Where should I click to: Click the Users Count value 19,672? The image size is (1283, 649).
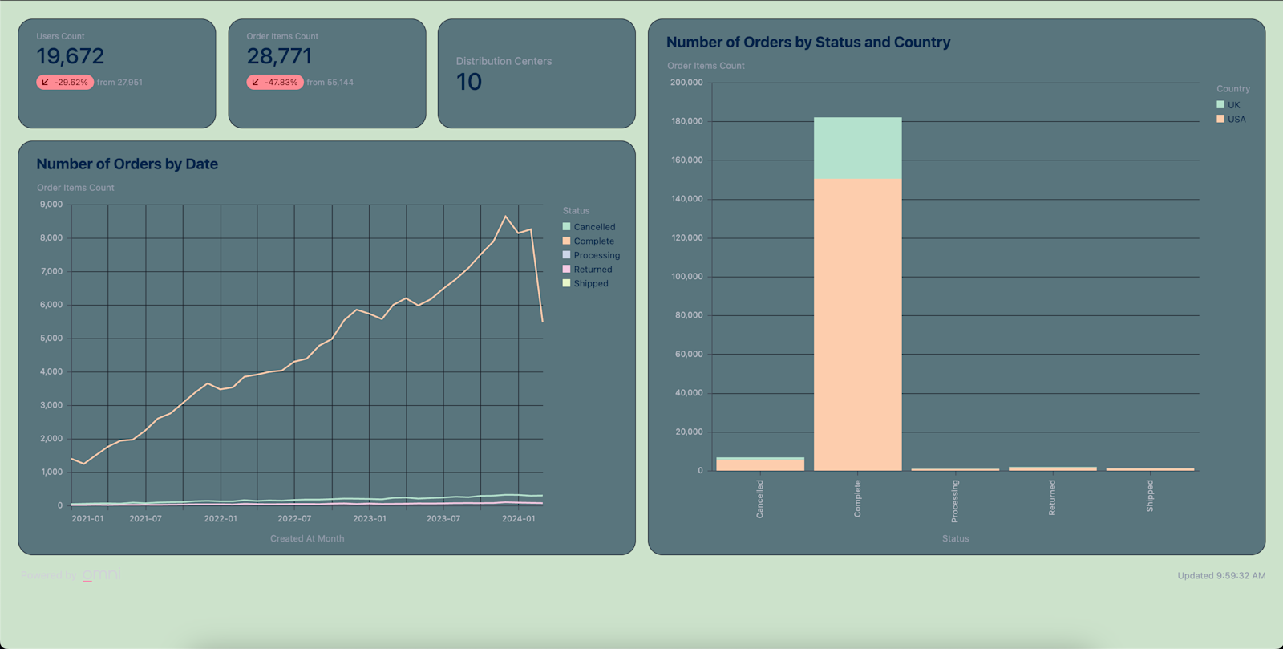tap(71, 56)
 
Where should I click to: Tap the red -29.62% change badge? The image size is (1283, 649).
tap(65, 82)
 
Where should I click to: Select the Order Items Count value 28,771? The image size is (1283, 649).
tap(279, 56)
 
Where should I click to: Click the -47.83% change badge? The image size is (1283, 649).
tap(275, 82)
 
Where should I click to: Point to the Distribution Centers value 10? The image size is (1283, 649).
tap(469, 82)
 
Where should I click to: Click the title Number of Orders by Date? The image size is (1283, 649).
tap(127, 164)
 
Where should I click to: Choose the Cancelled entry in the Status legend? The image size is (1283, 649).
tap(593, 227)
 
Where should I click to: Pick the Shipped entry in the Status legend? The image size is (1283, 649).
tap(590, 283)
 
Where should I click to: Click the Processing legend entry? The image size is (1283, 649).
tap(596, 255)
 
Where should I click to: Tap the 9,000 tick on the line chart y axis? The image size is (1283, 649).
tap(51, 205)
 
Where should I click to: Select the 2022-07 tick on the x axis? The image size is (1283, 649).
tap(294, 518)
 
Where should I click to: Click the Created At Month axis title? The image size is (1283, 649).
tap(307, 538)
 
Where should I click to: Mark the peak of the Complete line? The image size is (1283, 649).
tap(505, 216)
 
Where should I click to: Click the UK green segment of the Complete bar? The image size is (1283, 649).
tap(857, 148)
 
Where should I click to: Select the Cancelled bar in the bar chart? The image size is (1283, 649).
tap(760, 464)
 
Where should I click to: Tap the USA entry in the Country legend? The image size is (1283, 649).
tap(1236, 119)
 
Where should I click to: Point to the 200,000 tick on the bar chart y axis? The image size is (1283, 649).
tap(686, 83)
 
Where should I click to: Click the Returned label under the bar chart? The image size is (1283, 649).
tap(1052, 497)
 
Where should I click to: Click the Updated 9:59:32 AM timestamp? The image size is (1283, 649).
tap(1220, 575)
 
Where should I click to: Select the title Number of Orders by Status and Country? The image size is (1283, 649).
tap(807, 42)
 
